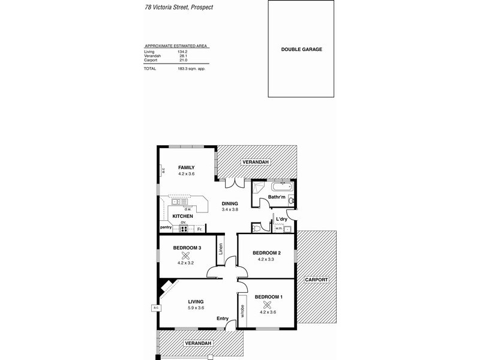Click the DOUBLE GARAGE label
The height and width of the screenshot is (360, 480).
pyautogui.click(x=302, y=49)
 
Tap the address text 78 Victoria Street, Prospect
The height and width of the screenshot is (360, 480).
pyautogui.click(x=178, y=8)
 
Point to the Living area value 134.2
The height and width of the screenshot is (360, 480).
pyautogui.click(x=182, y=52)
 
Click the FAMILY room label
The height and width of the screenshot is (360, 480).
pyautogui.click(x=186, y=168)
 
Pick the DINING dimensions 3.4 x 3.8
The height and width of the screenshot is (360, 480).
pyautogui.click(x=230, y=210)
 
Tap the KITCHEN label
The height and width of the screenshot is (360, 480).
pyautogui.click(x=182, y=216)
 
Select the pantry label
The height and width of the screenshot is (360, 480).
pyautogui.click(x=166, y=227)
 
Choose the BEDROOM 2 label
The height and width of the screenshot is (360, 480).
pyautogui.click(x=266, y=253)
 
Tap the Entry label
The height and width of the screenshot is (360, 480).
pyautogui.click(x=223, y=319)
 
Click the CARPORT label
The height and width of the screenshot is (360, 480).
pyautogui.click(x=316, y=280)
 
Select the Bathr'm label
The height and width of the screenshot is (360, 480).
pyautogui.click(x=276, y=197)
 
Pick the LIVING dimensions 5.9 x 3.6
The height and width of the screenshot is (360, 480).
pyautogui.click(x=195, y=308)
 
